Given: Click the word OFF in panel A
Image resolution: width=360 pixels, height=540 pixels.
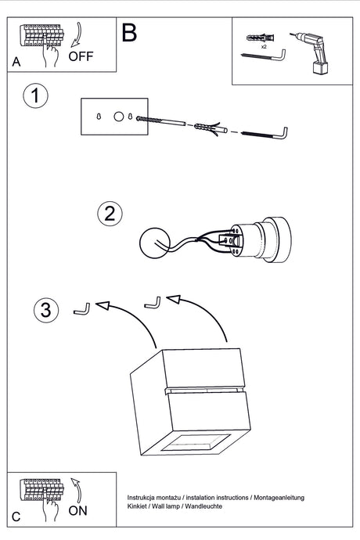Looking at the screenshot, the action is tap(81, 56).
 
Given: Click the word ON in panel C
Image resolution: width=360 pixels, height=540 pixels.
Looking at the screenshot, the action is tap(77, 511).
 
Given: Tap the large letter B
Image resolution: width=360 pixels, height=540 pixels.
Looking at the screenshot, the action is tap(129, 33).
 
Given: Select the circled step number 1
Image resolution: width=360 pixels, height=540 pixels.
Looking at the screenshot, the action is tap(35, 95).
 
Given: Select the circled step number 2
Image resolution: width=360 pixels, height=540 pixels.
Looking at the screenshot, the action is tap(110, 214).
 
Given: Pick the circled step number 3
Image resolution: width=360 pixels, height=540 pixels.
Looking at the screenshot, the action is tap(46, 310).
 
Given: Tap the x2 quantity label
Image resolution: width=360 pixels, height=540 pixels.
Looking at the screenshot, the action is tap(264, 46).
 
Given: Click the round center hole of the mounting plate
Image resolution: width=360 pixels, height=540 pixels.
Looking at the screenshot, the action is tap(118, 117).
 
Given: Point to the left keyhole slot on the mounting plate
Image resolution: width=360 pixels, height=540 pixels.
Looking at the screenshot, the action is tap(99, 117).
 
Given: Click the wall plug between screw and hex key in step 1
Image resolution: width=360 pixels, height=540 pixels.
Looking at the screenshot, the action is tap(211, 128).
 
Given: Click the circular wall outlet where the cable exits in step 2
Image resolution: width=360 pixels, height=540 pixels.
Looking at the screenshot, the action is tap(155, 243).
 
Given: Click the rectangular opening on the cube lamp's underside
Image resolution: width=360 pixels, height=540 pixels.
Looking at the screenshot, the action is tap(196, 442).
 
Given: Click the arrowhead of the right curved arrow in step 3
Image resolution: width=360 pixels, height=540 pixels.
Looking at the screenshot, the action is tap(174, 299).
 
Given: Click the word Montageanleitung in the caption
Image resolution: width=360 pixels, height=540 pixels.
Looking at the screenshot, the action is tap(279, 498).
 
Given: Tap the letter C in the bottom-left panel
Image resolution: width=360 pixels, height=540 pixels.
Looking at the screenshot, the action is tap(16, 517).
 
